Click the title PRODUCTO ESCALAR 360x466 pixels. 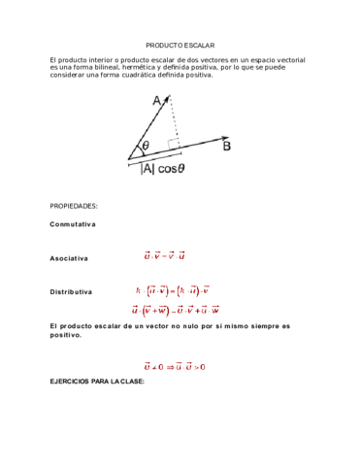180,46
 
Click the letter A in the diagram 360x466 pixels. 157,100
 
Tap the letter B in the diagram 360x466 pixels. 226,148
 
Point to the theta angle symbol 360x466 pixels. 145,147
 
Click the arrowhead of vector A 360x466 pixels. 169,96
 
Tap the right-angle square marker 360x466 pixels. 173,144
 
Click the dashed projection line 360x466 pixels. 174,121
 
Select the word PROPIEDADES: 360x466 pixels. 74,207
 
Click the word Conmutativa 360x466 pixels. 73,224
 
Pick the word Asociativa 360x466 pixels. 69,259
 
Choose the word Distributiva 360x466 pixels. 71,291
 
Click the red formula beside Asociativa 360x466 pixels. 164,257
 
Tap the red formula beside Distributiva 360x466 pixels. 174,290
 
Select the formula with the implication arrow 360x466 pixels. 174,367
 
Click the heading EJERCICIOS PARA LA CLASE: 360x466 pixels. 96,382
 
